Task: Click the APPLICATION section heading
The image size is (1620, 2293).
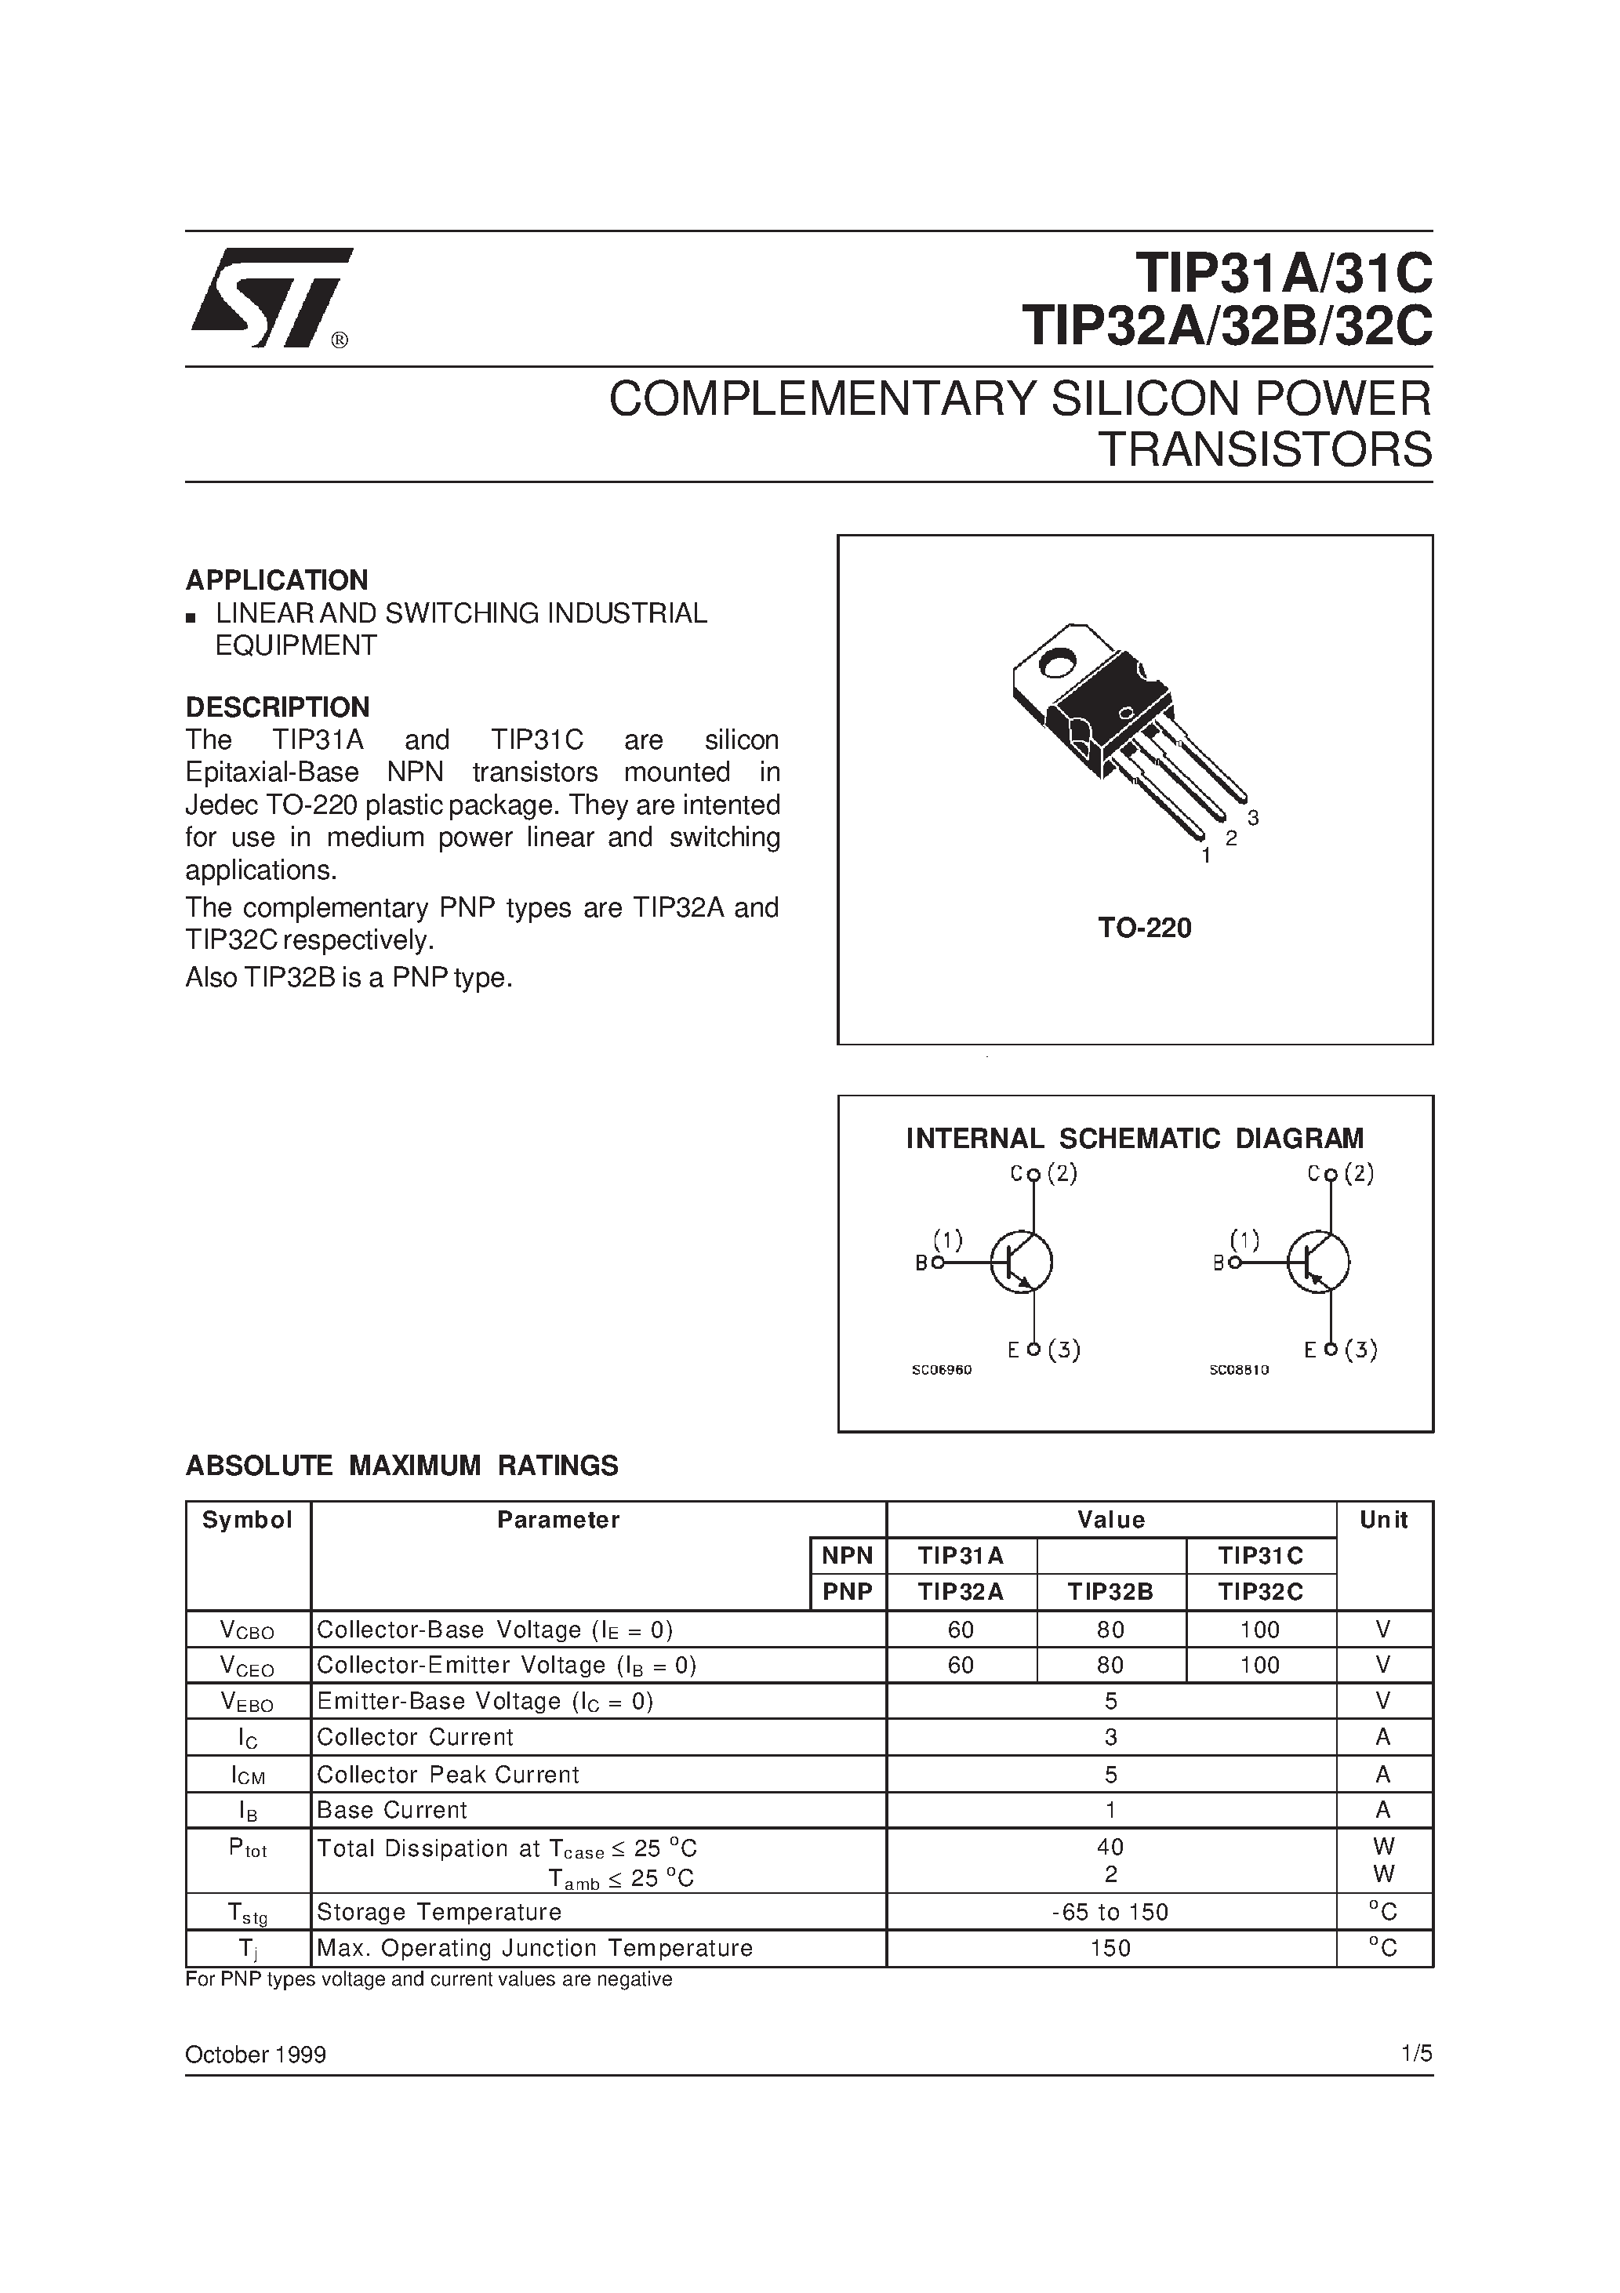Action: click(277, 580)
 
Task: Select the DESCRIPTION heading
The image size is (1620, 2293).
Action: click(278, 707)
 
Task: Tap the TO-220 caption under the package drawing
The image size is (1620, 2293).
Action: click(1145, 928)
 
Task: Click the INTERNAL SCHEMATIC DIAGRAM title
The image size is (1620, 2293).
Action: click(1135, 1139)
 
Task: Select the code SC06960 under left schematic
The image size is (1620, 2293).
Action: click(941, 1370)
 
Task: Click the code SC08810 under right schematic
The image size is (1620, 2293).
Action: click(1238, 1370)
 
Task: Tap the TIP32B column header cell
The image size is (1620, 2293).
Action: click(1110, 1592)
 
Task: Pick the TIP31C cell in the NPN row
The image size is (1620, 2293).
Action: click(1260, 1556)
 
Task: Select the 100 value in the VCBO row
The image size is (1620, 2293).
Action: click(1260, 1630)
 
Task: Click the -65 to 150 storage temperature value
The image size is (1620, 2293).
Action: click(1110, 1912)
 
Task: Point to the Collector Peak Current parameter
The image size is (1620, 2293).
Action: click(448, 1775)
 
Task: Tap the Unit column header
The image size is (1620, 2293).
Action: click(1383, 1520)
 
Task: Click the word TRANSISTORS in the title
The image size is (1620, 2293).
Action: click(1265, 450)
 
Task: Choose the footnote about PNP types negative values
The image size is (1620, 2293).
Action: click(428, 1979)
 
